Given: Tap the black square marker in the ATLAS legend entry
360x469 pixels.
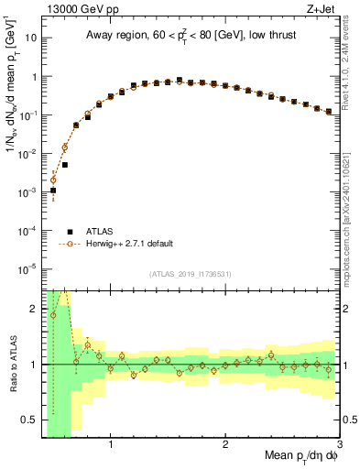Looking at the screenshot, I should [68, 232].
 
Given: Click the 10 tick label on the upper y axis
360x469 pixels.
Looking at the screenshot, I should [30, 39].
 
